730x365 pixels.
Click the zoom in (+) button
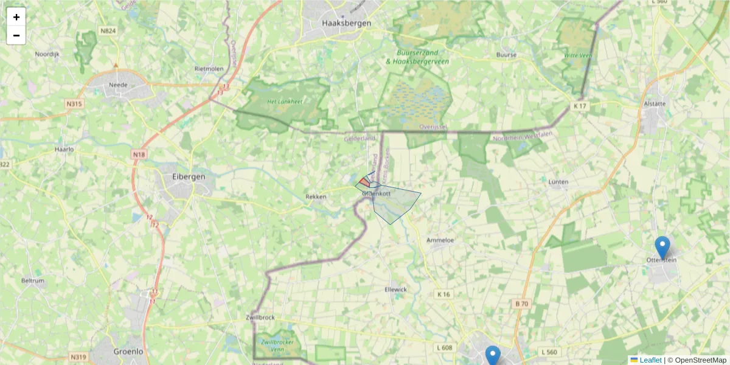[x=16, y=17]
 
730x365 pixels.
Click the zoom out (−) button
[x=16, y=35]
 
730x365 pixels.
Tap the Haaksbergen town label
[x=346, y=24]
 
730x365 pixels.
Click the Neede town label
[x=118, y=85]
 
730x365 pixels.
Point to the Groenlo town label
[x=129, y=351]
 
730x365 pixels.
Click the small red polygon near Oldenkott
[x=364, y=182]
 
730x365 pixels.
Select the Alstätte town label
[x=655, y=103]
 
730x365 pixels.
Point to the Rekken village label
[x=316, y=196]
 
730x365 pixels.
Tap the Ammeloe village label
[x=441, y=240]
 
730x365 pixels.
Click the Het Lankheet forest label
[x=286, y=102]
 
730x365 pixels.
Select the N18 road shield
[x=139, y=155]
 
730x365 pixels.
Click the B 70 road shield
[x=522, y=304]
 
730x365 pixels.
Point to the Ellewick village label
[x=395, y=289]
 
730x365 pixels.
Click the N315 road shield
[x=74, y=104]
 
